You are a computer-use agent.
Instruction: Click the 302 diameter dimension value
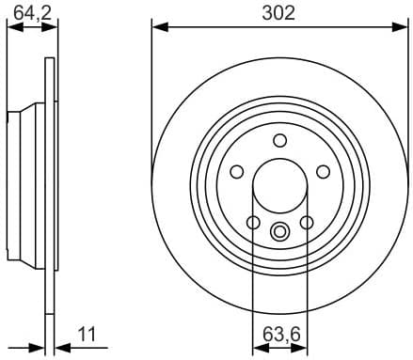click(279, 12)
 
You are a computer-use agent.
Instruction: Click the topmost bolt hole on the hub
click(279, 140)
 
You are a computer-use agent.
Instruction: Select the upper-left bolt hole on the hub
click(236, 171)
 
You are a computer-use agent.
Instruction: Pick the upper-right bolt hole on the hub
click(323, 171)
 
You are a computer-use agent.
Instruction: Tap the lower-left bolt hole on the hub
click(253, 222)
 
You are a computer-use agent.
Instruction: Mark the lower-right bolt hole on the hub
click(306, 222)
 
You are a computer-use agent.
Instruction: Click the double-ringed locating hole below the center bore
click(279, 230)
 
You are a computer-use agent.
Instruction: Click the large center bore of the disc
click(279, 186)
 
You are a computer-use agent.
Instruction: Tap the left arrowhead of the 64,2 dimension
click(11, 28)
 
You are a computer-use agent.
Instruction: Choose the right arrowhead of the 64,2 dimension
click(47, 28)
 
